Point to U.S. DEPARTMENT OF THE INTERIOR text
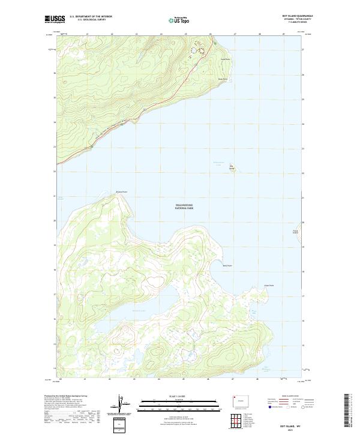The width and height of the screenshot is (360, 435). pyautogui.click(x=91, y=17)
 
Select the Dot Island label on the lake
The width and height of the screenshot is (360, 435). pyautogui.click(x=232, y=167)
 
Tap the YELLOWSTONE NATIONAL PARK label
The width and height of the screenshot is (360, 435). pyautogui.click(x=184, y=206)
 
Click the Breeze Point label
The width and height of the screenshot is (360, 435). pyautogui.click(x=121, y=192)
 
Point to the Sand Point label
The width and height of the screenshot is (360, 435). pyautogui.click(x=226, y=59)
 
